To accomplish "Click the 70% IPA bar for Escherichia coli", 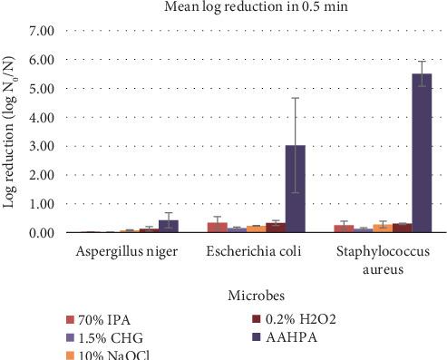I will [x=217, y=228].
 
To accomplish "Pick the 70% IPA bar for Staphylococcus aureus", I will [x=344, y=229].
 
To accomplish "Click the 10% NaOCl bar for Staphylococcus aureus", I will [x=383, y=229].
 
